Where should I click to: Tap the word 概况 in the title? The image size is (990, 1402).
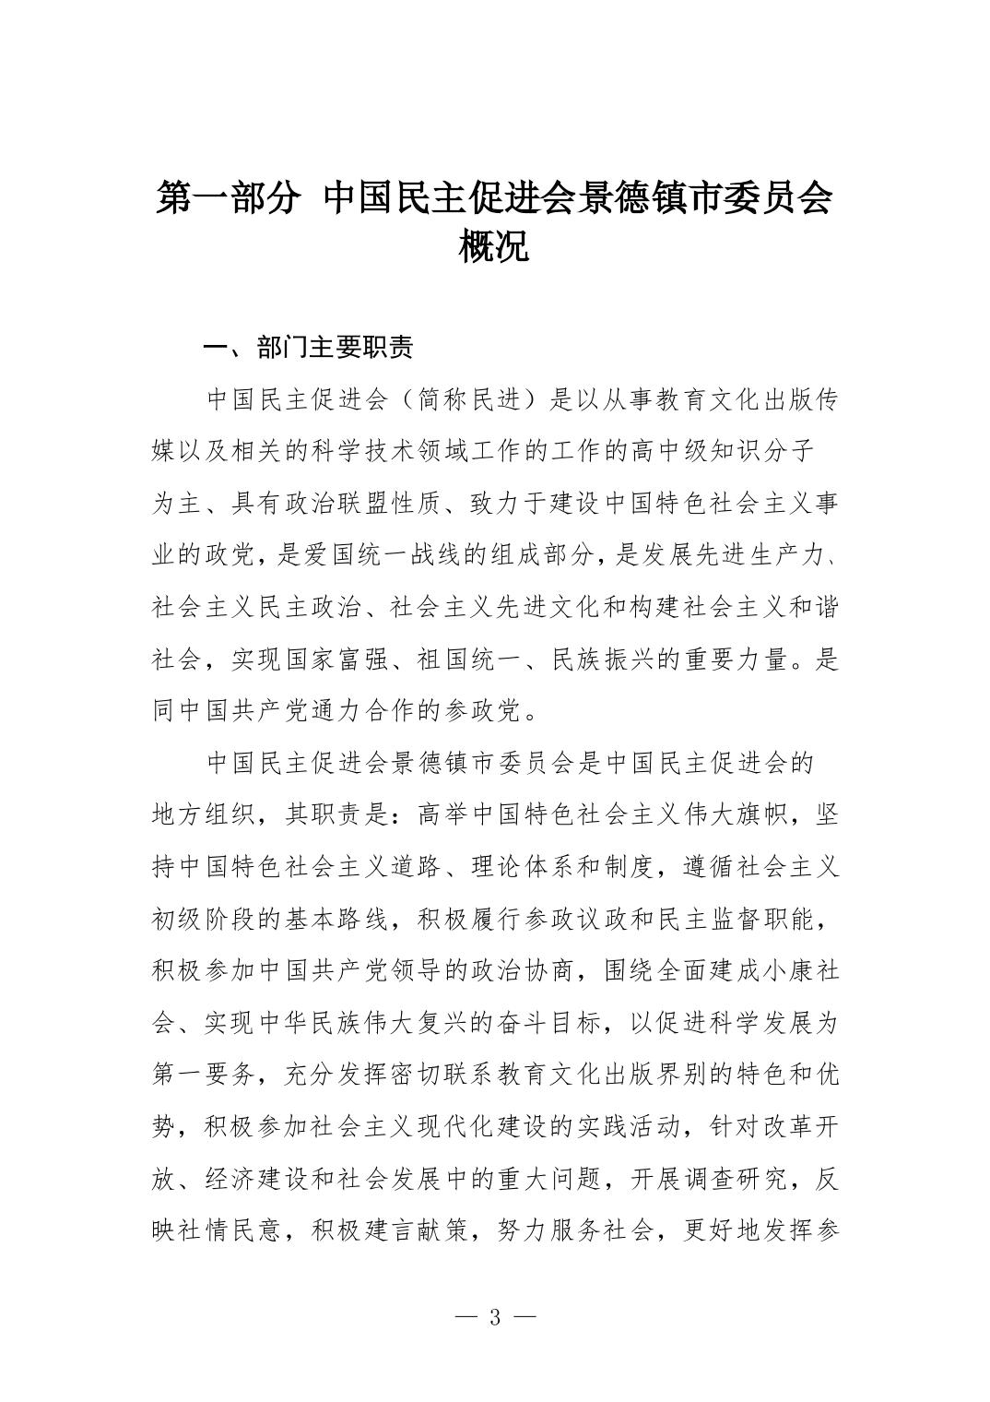point(494,245)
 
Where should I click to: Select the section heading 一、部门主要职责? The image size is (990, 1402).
point(308,348)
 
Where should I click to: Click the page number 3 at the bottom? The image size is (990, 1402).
point(495,1317)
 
